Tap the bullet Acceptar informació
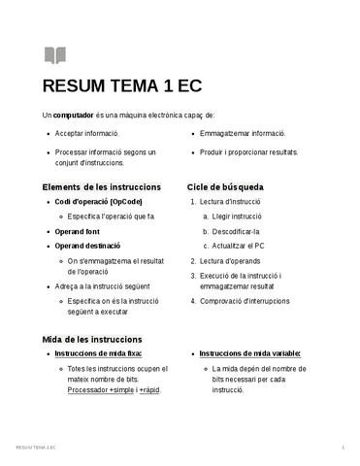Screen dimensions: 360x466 coord(87,133)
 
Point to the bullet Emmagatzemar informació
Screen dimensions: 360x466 coord(242,133)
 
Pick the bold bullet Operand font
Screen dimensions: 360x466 coord(78,232)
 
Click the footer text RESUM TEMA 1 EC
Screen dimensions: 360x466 coord(37,447)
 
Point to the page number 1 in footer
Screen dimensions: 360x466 coord(343,447)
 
